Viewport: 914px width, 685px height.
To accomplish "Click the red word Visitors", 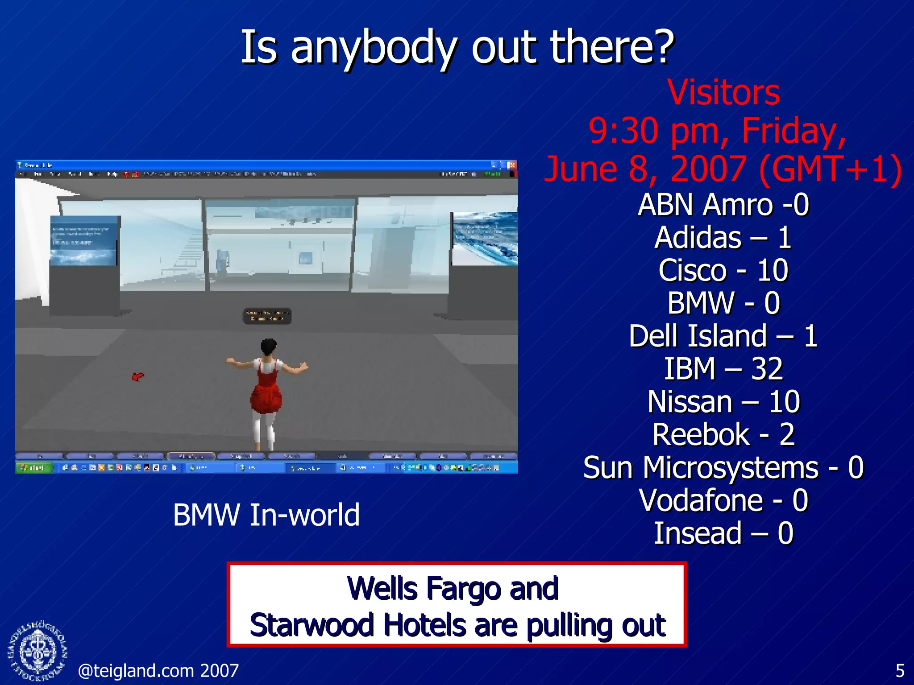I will [x=723, y=93].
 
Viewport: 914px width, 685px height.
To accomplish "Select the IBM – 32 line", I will [x=723, y=369].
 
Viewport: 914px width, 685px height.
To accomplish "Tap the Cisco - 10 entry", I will [x=723, y=270].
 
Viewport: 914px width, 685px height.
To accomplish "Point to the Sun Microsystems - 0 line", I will [x=723, y=467].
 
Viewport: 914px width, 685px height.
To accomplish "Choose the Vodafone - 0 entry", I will [x=723, y=500].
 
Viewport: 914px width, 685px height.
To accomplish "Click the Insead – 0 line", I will [x=723, y=533].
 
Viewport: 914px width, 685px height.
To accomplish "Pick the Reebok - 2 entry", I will [x=723, y=434].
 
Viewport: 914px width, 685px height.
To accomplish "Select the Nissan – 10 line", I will [x=723, y=402].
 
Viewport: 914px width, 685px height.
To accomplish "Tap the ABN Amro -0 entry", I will [x=723, y=205].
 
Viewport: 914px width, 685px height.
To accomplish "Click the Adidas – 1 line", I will [x=723, y=237].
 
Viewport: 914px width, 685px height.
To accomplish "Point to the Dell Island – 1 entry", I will [x=723, y=336].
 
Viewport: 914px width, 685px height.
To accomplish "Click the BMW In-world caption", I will [x=266, y=515].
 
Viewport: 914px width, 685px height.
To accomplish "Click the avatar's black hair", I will [x=269, y=346].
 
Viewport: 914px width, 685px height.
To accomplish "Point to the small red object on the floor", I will [x=138, y=377].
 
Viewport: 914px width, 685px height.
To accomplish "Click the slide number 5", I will [x=900, y=671].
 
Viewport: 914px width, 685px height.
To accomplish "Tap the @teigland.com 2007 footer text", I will [x=158, y=671].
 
